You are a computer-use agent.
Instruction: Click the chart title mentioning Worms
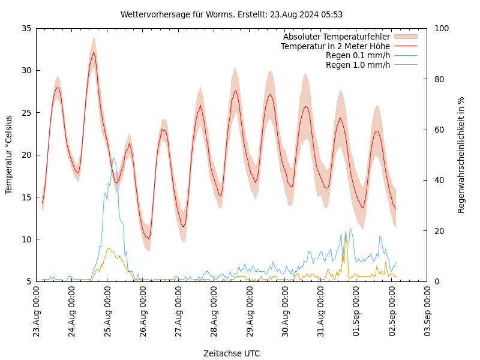coord(232,14)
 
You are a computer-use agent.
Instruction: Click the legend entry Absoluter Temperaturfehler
coord(336,37)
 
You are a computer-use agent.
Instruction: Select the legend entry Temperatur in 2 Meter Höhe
coord(335,46)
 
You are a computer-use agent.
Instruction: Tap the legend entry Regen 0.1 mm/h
coord(358,55)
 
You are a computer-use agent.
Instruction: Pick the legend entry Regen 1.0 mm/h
coord(358,64)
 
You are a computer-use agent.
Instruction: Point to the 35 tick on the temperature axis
coord(26,28)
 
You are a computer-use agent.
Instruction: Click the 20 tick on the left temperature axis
coord(26,155)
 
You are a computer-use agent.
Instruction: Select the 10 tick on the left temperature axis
coord(26,239)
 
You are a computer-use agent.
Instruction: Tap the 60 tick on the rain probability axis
coord(437,130)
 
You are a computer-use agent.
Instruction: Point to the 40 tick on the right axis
coord(437,180)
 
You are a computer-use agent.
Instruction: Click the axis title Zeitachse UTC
coord(232,353)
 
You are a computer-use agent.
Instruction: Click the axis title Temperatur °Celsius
coord(9,155)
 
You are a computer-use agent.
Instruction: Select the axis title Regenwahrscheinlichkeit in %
coord(461,155)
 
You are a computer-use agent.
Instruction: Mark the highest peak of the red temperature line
coord(94,52)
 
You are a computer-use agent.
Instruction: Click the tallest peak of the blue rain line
coord(113,158)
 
